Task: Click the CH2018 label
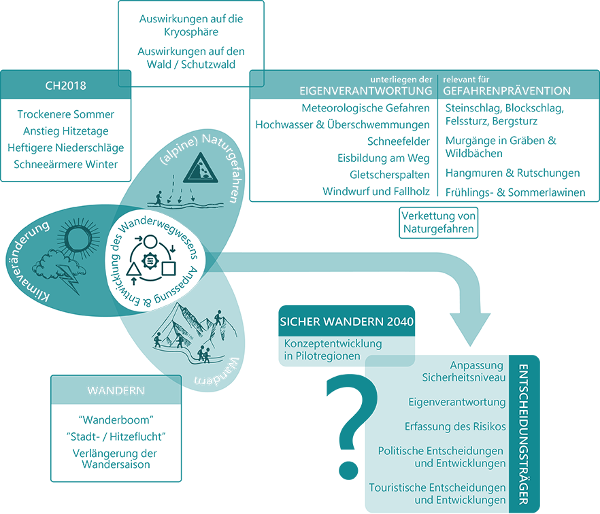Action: pos(66,86)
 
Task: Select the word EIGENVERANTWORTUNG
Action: pos(365,91)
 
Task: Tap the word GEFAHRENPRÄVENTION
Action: pos(507,91)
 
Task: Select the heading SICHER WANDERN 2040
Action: pos(346,322)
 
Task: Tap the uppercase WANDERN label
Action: pos(116,391)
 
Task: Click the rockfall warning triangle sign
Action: pos(201,167)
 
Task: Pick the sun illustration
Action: pos(76,237)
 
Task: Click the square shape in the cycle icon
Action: pos(168,268)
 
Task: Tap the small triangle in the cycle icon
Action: pos(133,270)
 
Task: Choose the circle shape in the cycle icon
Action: pos(150,241)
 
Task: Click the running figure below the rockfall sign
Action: pos(159,198)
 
